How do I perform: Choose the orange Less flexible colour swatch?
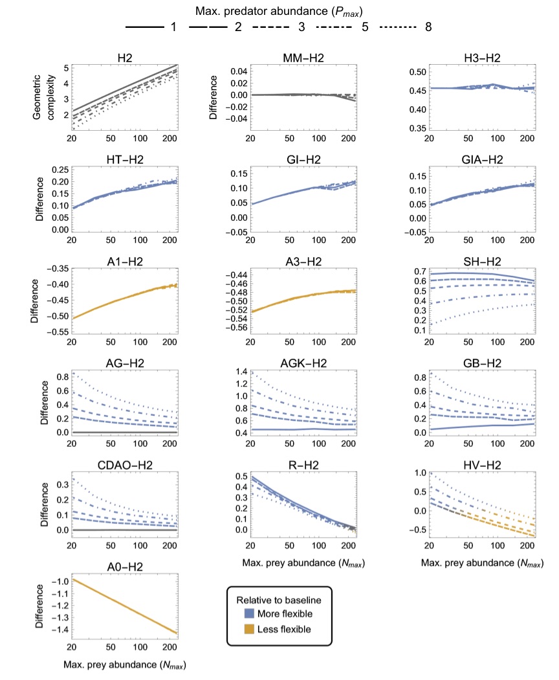click(x=247, y=629)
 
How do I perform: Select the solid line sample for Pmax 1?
click(x=148, y=27)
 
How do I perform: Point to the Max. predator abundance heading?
click(x=278, y=10)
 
